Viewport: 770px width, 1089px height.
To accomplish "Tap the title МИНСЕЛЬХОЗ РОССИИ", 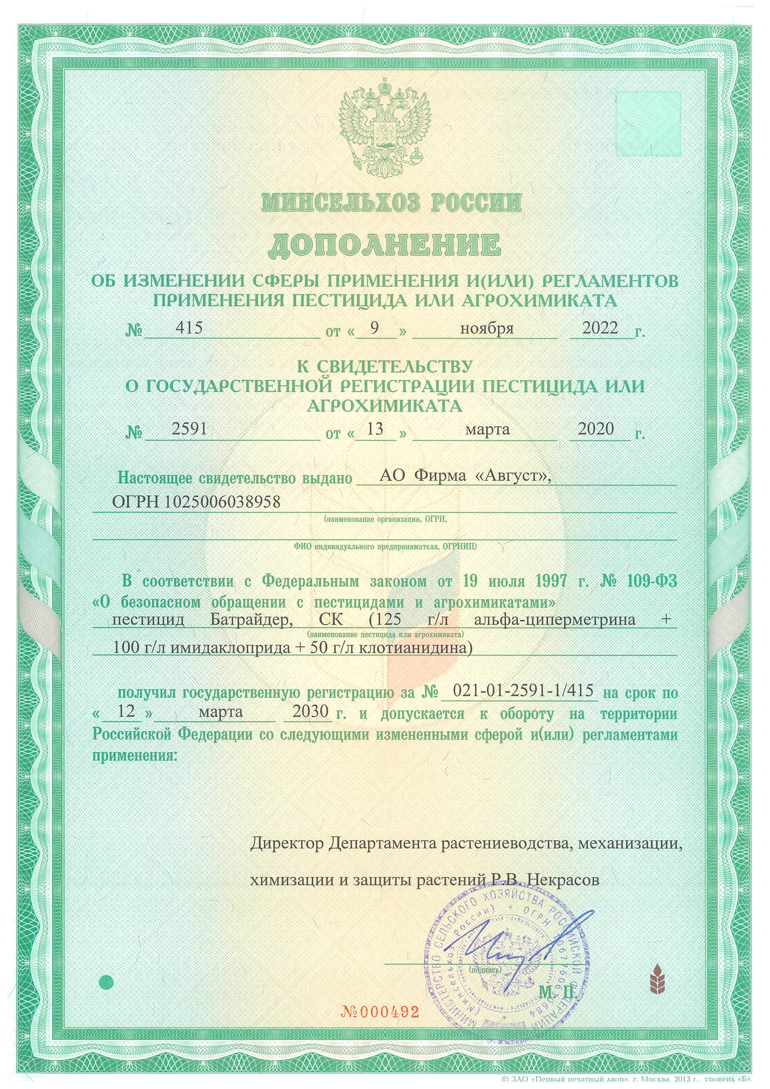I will [391, 203].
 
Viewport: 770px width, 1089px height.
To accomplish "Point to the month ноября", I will [487, 328].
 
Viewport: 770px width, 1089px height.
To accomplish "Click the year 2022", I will [600, 328].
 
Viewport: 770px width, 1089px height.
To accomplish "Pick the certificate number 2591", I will [189, 429].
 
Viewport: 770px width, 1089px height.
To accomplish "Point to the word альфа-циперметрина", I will [554, 620].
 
